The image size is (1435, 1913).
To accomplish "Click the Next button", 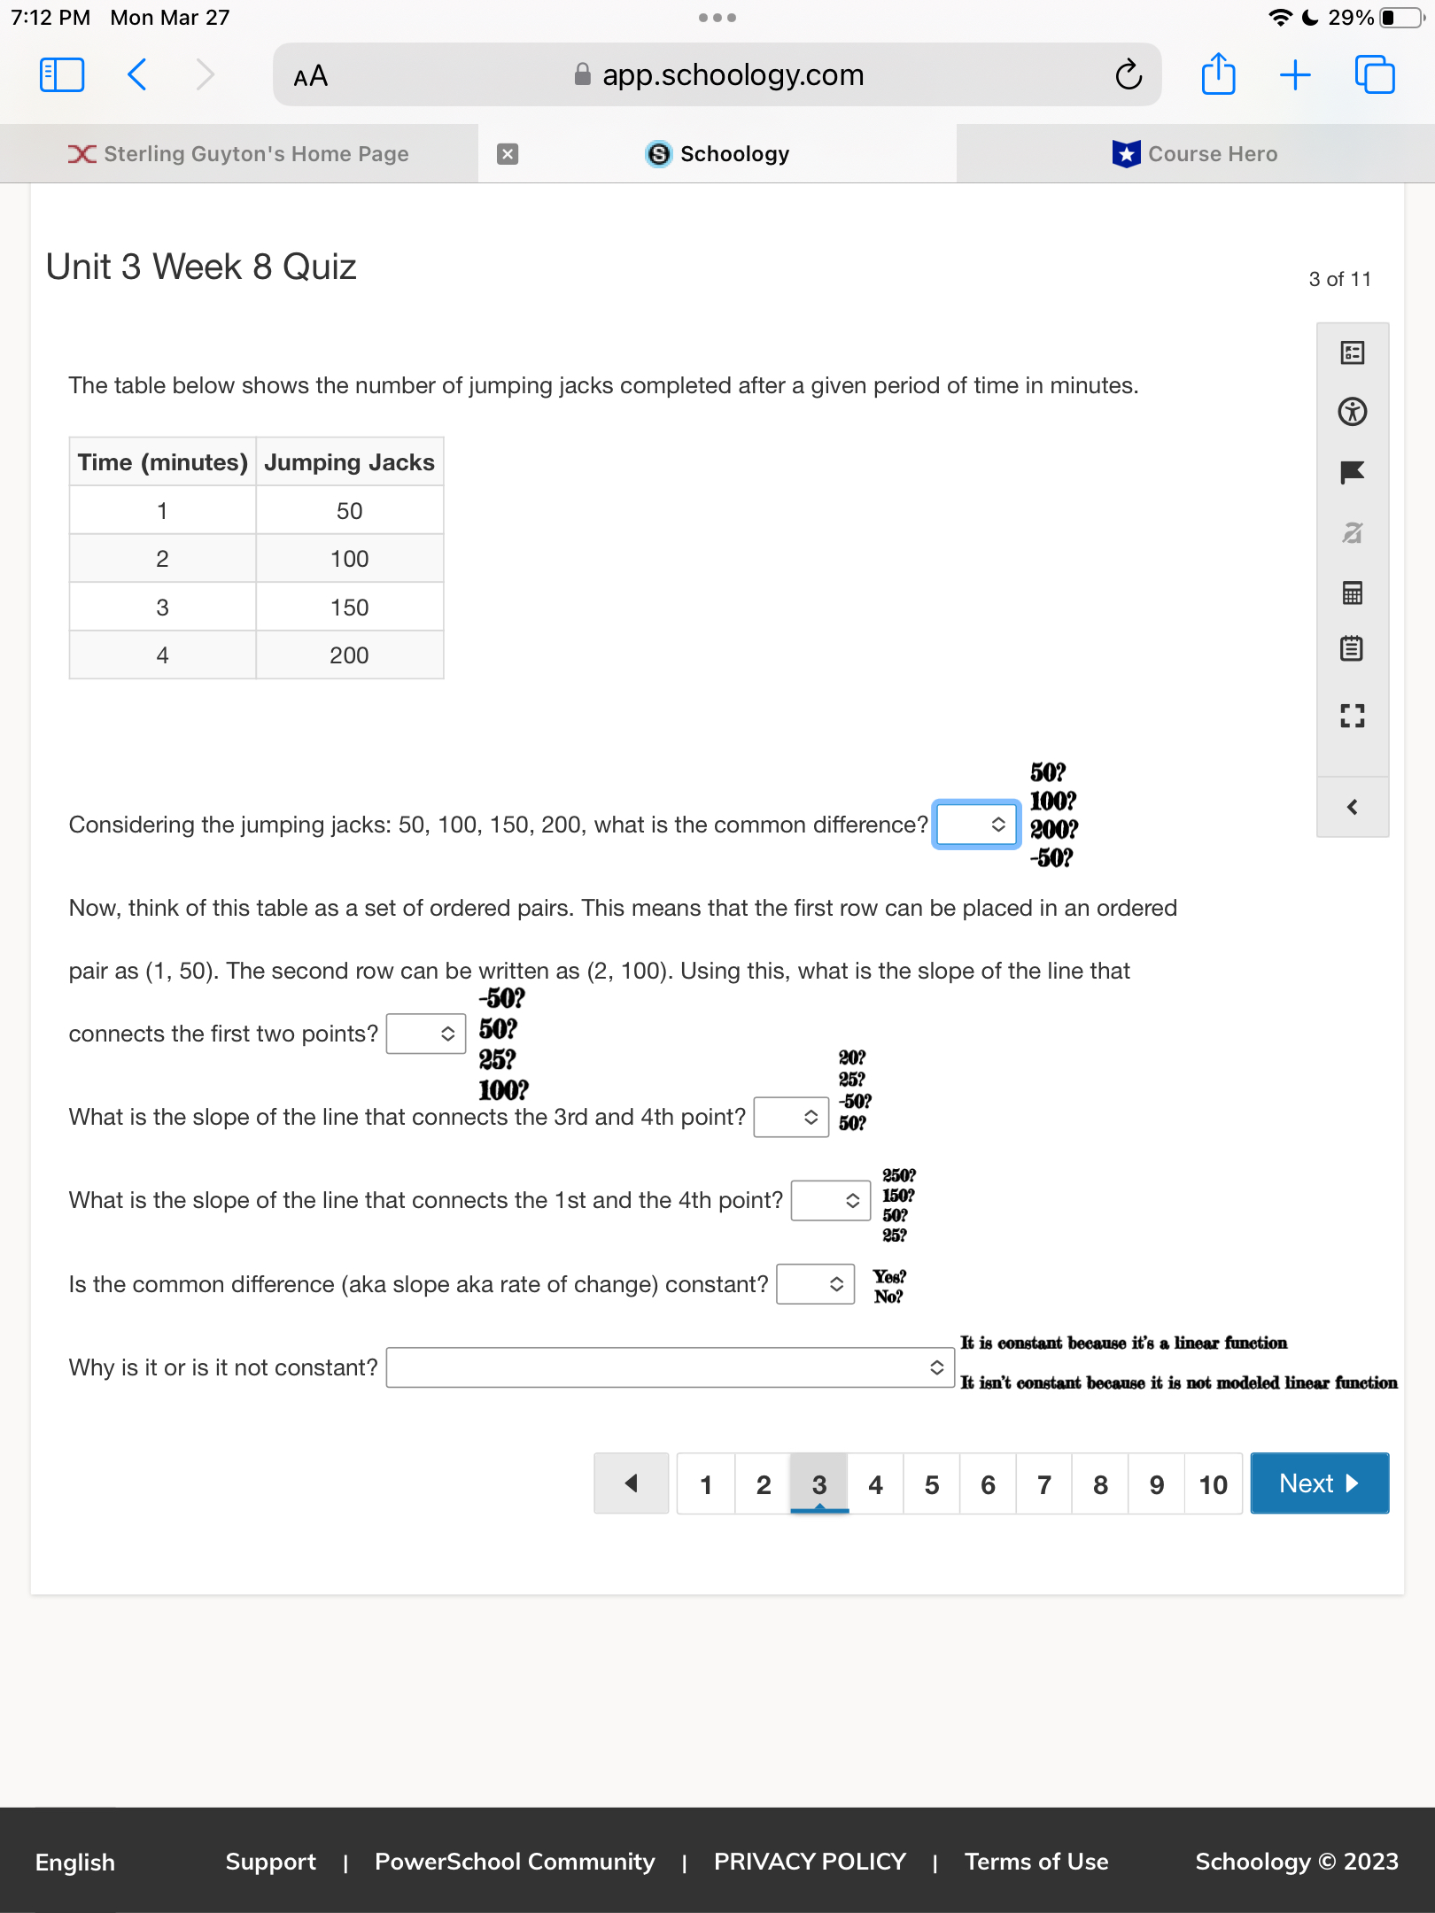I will [1319, 1483].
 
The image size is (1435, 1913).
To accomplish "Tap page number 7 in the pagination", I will [1044, 1484].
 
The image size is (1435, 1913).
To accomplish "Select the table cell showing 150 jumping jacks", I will [349, 608].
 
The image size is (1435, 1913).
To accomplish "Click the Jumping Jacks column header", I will [349, 462].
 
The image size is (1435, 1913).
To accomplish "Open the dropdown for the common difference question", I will [975, 825].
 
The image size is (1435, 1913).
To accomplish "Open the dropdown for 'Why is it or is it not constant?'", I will [670, 1367].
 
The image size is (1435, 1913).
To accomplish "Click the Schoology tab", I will [717, 154].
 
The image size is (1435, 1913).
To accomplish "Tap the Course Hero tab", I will [1196, 154].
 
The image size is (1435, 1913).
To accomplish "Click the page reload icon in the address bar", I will [1129, 75].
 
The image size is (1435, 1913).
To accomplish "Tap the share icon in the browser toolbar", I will [1218, 75].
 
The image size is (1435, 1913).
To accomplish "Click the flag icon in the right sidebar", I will [1352, 472].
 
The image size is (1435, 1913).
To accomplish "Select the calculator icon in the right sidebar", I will [1352, 592].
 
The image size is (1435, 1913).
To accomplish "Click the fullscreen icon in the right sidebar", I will [1352, 716].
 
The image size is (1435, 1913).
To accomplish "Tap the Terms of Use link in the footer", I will [1036, 1862].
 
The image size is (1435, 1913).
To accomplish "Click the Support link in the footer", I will [270, 1862].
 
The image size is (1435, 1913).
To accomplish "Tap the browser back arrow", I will [137, 75].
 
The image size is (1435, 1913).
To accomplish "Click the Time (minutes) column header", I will [163, 462].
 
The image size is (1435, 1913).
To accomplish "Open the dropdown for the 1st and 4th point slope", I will [831, 1200].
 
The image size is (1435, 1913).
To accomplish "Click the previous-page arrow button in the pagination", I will [631, 1483].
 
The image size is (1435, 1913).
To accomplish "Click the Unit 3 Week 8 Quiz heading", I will [201, 267].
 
